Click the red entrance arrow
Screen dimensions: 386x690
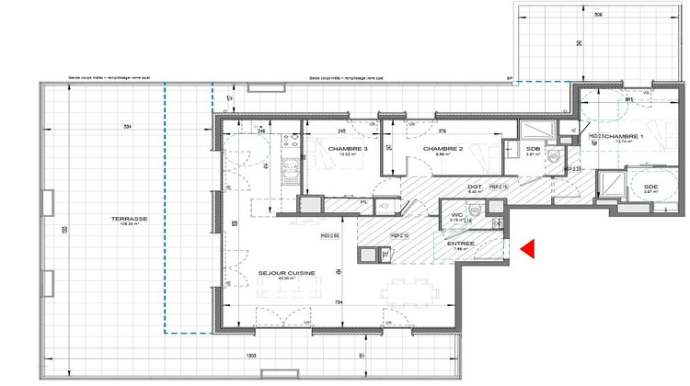[x=528, y=248]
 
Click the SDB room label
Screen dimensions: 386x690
[x=533, y=148]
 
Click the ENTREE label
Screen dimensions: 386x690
[x=461, y=244]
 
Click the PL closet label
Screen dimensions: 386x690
[x=364, y=202]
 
